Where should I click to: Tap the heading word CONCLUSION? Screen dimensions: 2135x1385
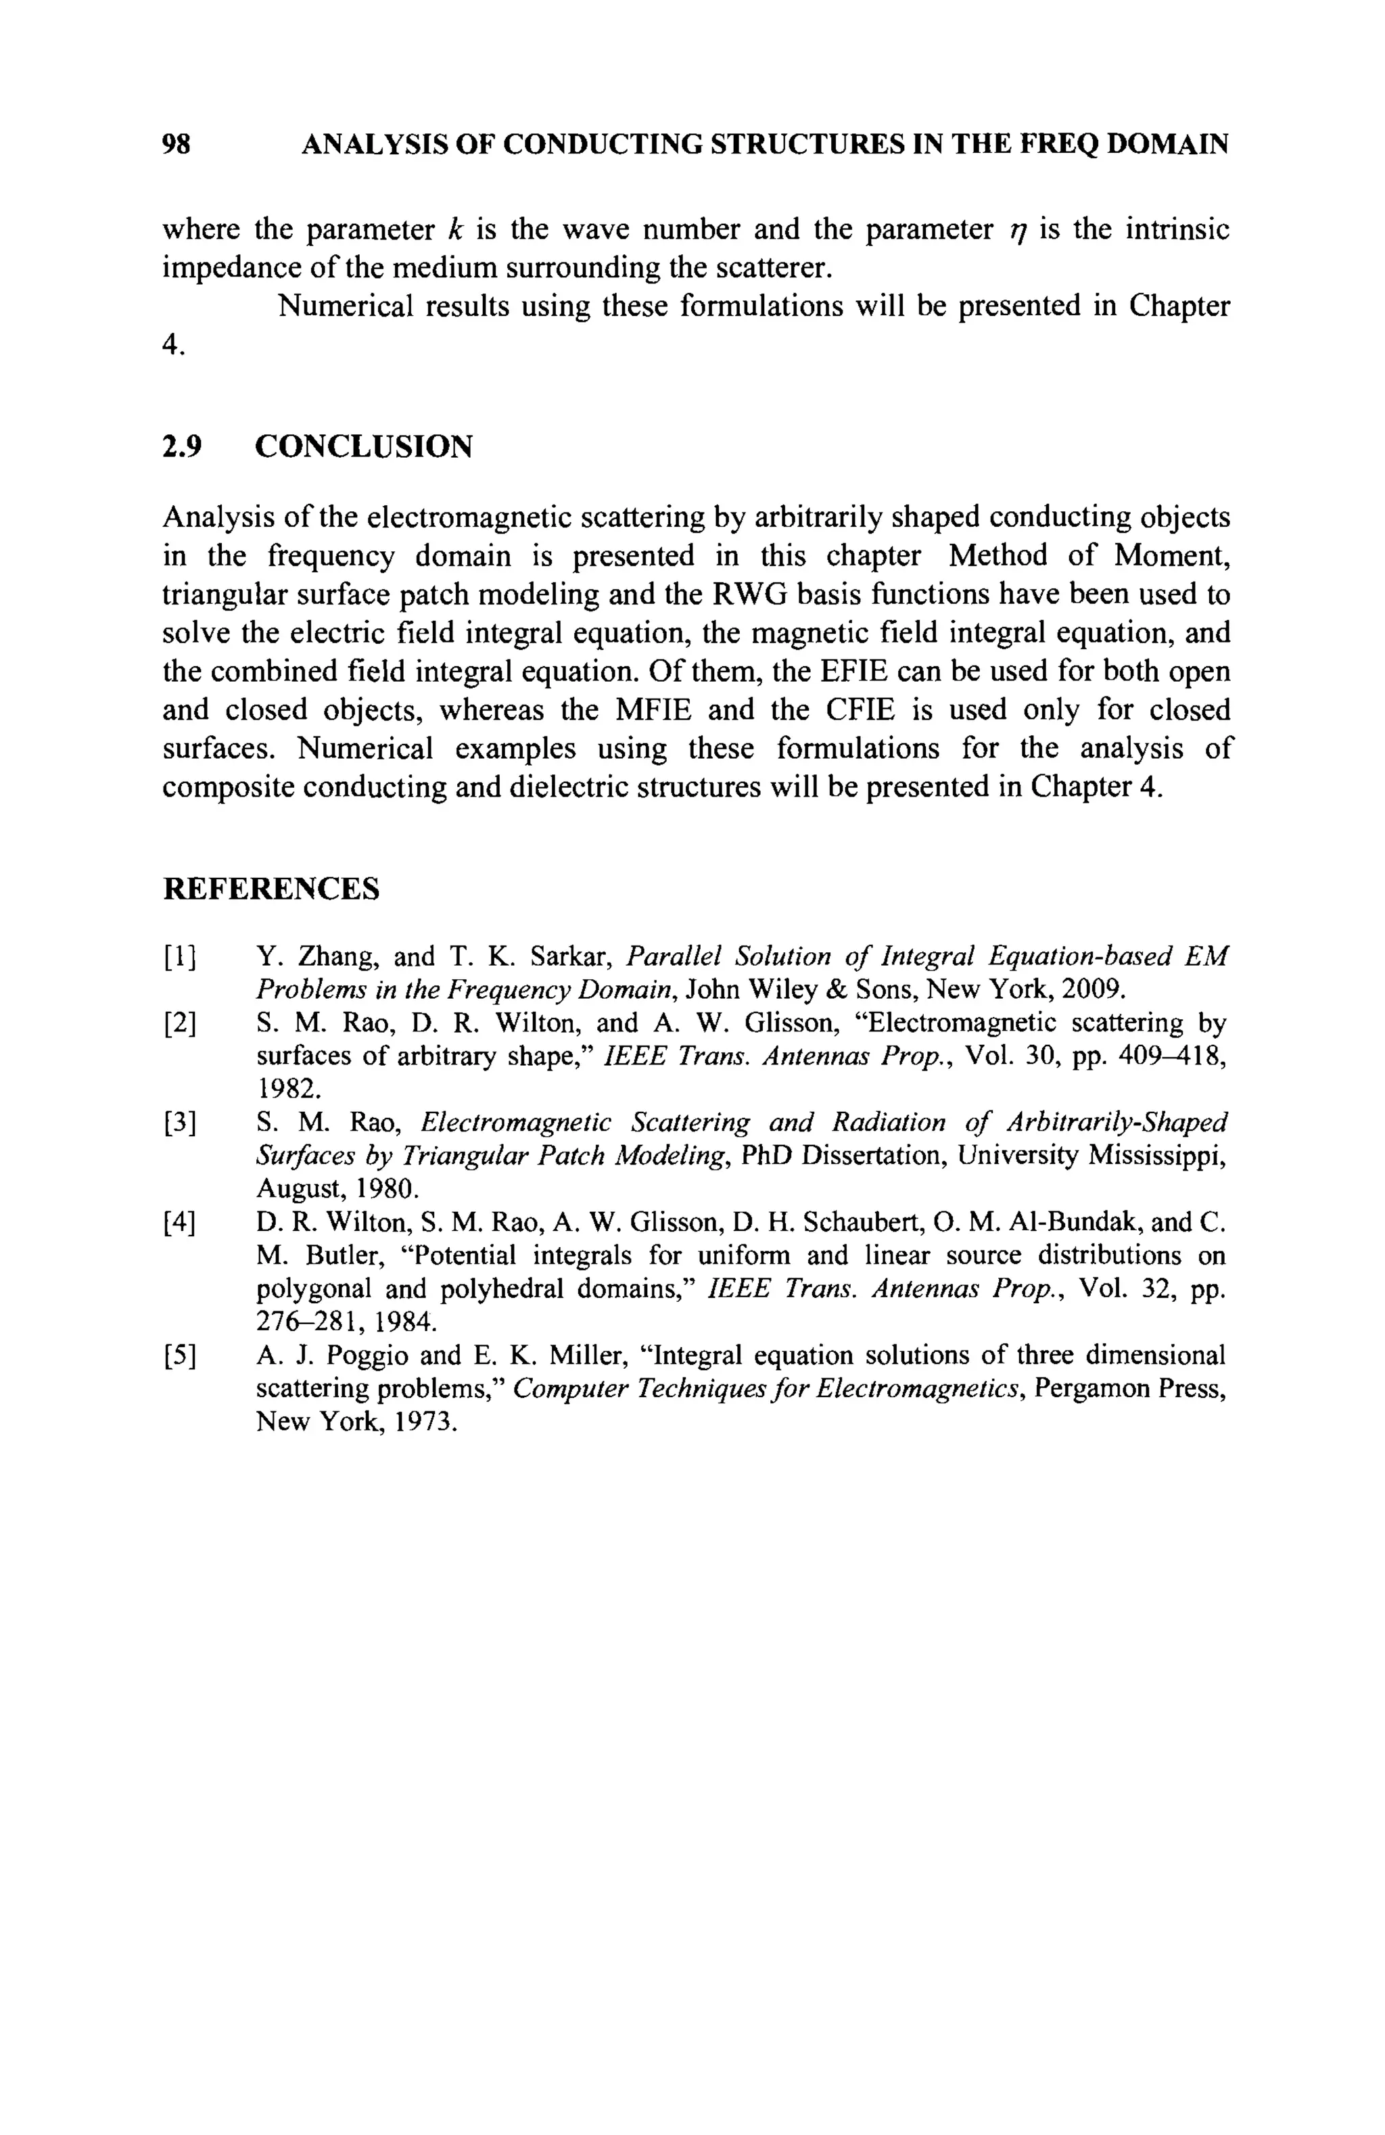[363, 446]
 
